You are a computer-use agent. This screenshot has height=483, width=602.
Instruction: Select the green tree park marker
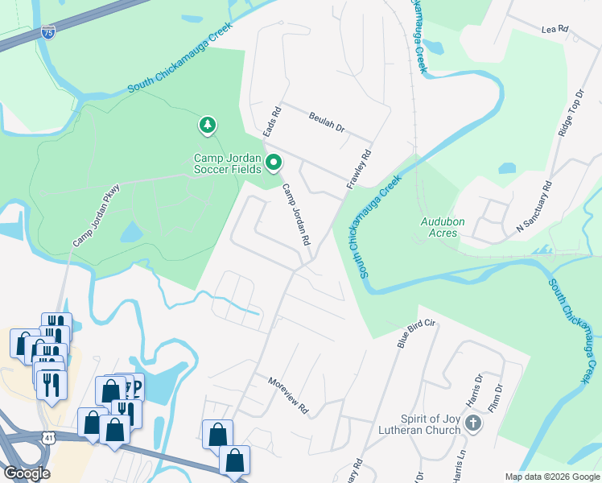pyautogui.click(x=208, y=125)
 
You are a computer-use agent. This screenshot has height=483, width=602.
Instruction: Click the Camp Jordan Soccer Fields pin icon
pyautogui.click(x=274, y=163)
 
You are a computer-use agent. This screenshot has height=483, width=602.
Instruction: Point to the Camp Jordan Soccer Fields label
pyautogui.click(x=227, y=163)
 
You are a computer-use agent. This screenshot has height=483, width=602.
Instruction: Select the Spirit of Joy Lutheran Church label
pyautogui.click(x=431, y=424)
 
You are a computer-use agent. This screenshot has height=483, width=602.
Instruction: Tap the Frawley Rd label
pyautogui.click(x=359, y=169)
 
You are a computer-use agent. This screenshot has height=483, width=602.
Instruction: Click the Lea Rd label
pyautogui.click(x=555, y=29)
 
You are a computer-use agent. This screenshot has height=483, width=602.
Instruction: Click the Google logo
pyautogui.click(x=27, y=473)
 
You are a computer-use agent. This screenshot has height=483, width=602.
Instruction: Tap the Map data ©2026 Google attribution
pyautogui.click(x=552, y=477)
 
